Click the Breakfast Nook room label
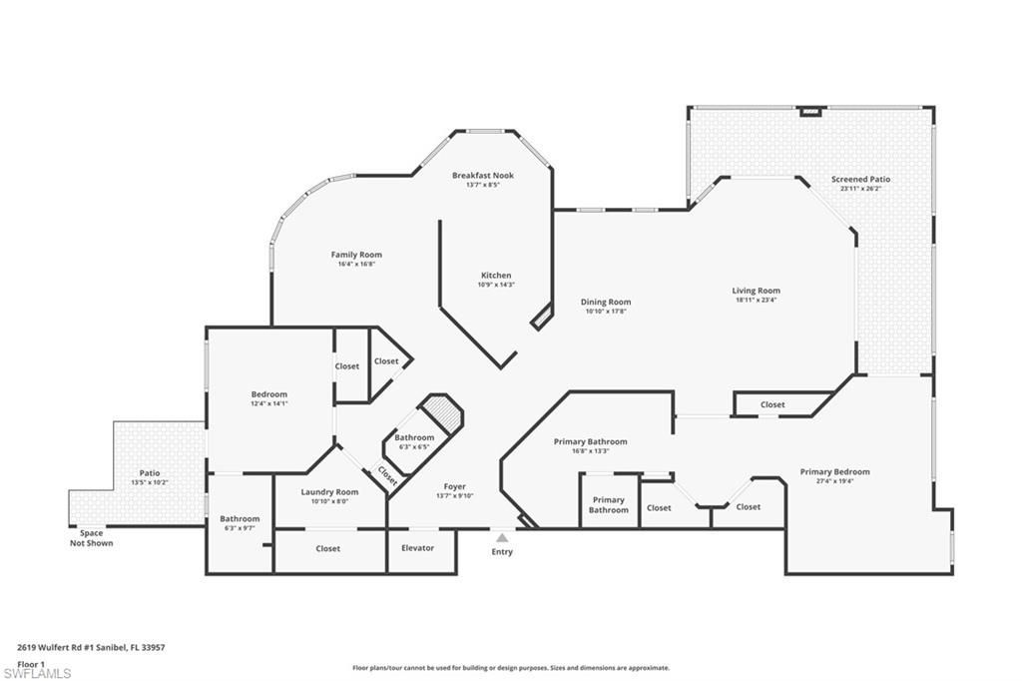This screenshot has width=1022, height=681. pyautogui.click(x=482, y=175)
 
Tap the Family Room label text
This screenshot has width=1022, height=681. pyautogui.click(x=356, y=255)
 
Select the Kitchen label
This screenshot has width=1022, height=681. pyautogui.click(x=496, y=276)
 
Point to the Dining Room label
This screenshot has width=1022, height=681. pyautogui.click(x=606, y=302)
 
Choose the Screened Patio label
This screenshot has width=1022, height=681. pyautogui.click(x=860, y=180)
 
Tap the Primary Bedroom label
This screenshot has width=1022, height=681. pyautogui.click(x=834, y=471)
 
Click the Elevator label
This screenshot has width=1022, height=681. pyautogui.click(x=417, y=548)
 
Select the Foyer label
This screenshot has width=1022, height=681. pyautogui.click(x=455, y=486)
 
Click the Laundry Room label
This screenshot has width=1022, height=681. pyautogui.click(x=329, y=491)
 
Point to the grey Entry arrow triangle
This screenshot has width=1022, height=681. pyautogui.click(x=502, y=537)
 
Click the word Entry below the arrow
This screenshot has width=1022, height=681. pyautogui.click(x=502, y=552)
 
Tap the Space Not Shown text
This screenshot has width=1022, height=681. pyautogui.click(x=91, y=538)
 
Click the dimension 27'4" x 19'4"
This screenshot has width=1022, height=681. pyautogui.click(x=834, y=480)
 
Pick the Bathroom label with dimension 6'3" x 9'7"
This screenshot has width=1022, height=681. pyautogui.click(x=240, y=518)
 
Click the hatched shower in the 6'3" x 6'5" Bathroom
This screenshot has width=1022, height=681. pyautogui.click(x=440, y=410)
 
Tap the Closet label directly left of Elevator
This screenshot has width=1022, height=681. pyautogui.click(x=327, y=548)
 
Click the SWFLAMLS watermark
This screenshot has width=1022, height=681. pyautogui.click(x=37, y=674)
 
